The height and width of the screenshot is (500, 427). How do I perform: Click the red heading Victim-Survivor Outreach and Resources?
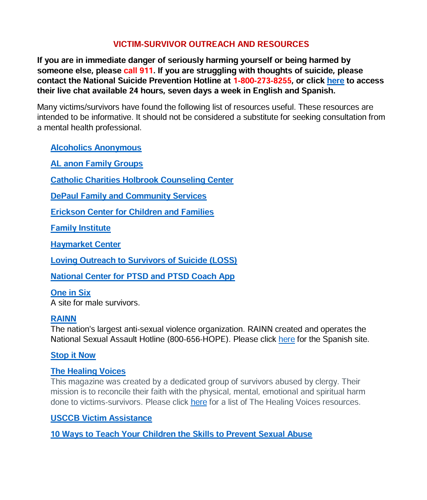point(211,44)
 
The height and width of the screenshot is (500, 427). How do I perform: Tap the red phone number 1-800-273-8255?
point(262,81)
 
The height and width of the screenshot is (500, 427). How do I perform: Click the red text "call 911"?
point(138,71)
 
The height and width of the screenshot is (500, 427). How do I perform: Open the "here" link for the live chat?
point(335,81)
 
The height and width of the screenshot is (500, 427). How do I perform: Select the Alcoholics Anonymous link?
point(96,148)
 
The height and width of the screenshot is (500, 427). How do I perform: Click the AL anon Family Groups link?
point(97,164)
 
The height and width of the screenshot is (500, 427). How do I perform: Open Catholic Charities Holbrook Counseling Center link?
point(142,180)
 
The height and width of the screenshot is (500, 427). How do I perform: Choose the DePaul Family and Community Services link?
point(128,196)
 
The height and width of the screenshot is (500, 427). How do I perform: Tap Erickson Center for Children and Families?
point(132,212)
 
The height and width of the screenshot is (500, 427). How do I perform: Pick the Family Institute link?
point(80,228)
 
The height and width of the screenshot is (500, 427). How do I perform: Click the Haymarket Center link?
point(86,244)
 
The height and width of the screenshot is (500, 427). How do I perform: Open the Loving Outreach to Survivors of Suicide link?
point(144,260)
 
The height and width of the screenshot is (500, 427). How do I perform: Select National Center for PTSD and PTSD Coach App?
point(142,276)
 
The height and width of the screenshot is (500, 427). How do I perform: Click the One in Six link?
point(71,293)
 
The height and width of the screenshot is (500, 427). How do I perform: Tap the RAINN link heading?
point(64,319)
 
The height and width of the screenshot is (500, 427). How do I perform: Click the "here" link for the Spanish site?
point(286,339)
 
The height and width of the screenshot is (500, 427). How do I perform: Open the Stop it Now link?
point(73,355)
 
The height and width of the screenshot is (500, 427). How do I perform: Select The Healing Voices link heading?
point(88,371)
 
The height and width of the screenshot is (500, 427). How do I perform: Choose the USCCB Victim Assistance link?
point(101,418)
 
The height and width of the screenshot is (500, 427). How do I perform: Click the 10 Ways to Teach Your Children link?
point(181,434)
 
